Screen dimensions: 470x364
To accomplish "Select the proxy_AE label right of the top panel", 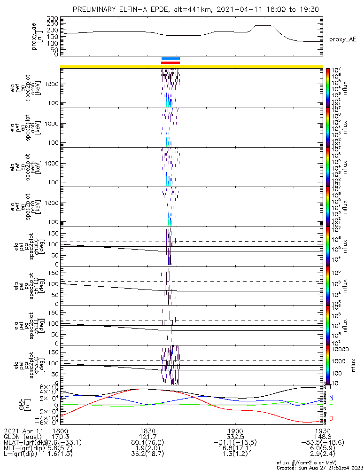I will tap(341, 40).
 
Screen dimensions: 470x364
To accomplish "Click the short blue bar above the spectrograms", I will tap(170, 59).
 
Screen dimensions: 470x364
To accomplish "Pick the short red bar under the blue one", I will tap(170, 63).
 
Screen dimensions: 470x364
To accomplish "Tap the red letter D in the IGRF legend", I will tap(332, 418).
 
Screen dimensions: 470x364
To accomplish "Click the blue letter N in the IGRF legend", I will tap(332, 398).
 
